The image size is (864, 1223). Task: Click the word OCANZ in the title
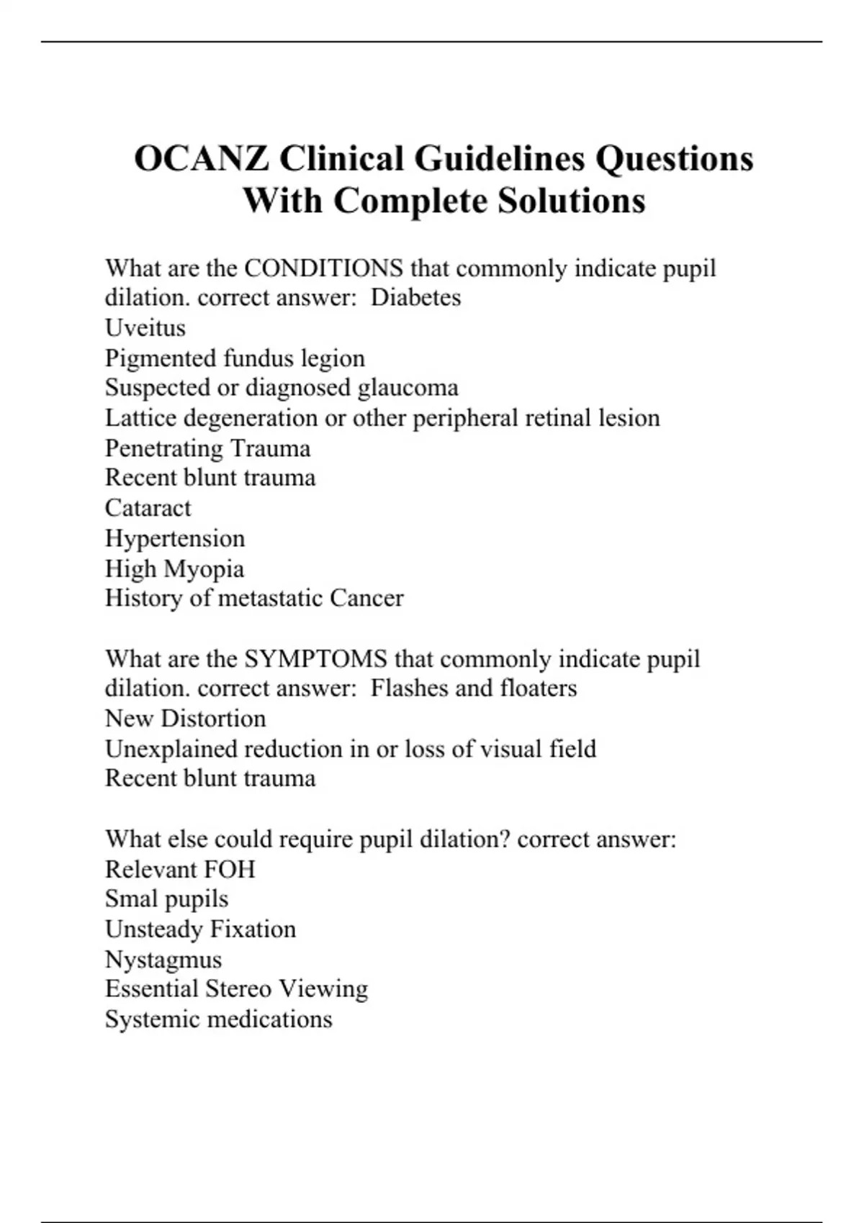click(x=202, y=159)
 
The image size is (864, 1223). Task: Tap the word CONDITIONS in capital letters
click(x=323, y=268)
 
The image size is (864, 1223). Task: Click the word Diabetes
click(x=415, y=298)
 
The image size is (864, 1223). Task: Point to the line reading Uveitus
click(x=145, y=328)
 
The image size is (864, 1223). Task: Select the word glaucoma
click(x=408, y=388)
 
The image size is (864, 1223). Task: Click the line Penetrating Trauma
click(x=207, y=448)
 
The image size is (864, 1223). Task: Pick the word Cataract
click(x=148, y=508)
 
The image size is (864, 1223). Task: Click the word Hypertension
click(x=175, y=538)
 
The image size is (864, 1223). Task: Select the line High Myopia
click(x=174, y=569)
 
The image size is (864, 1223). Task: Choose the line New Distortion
click(x=185, y=719)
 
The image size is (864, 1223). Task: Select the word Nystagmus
click(x=163, y=960)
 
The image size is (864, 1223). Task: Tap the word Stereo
click(x=238, y=989)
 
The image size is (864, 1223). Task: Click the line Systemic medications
click(x=218, y=1019)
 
